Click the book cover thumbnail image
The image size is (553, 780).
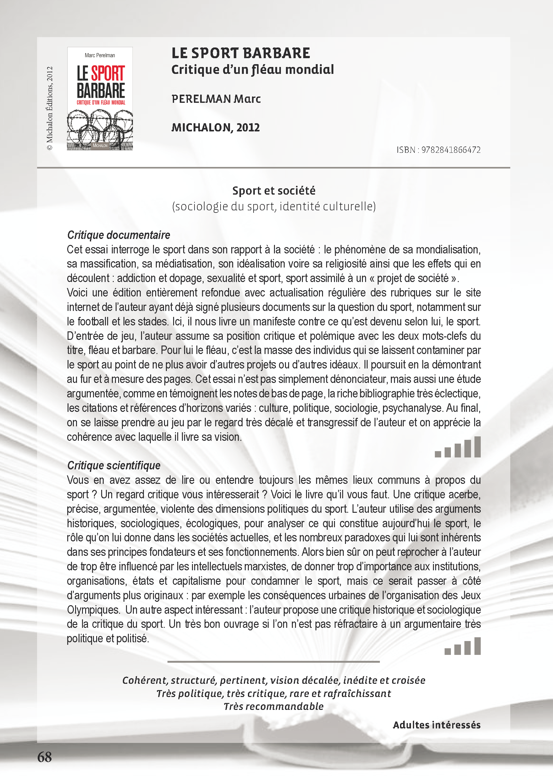[x=100, y=98]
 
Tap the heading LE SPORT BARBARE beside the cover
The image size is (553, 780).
[x=240, y=53]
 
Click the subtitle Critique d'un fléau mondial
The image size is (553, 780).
[x=252, y=70]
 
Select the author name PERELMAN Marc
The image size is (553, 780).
[x=216, y=99]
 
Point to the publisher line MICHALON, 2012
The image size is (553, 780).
[x=216, y=127]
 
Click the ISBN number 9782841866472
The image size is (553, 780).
[x=451, y=150]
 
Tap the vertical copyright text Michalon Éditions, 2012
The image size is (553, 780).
[x=50, y=108]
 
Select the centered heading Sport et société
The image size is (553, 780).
[x=274, y=191]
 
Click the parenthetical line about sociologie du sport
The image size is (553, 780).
[x=274, y=207]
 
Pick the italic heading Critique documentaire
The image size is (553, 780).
[x=118, y=235]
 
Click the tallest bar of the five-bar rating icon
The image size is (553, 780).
[x=477, y=447]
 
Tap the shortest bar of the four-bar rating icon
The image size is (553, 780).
[x=448, y=651]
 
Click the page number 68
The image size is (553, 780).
[x=45, y=757]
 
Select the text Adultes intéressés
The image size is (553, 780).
[x=436, y=725]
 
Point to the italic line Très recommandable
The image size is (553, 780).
[x=273, y=706]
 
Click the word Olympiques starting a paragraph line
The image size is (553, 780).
[x=93, y=610]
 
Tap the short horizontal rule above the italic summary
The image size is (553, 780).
[x=273, y=662]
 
